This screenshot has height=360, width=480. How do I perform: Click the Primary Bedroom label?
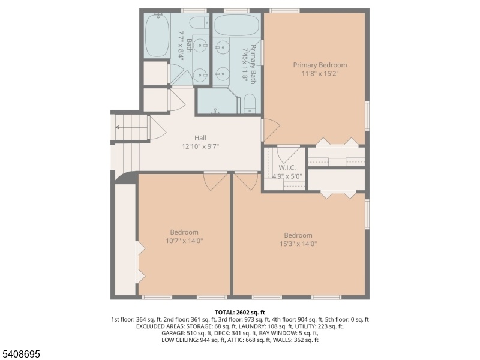(x=320, y=65)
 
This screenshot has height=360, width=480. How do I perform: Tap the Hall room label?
(x=200, y=138)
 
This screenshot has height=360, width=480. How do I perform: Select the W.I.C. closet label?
(x=287, y=168)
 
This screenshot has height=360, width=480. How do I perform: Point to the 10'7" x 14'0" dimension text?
(x=184, y=241)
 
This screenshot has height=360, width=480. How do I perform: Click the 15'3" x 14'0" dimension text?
(x=298, y=244)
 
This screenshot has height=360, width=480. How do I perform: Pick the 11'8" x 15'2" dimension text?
(x=320, y=73)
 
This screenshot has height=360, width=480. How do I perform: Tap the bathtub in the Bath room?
(x=157, y=35)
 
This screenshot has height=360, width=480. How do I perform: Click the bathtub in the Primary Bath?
(x=236, y=25)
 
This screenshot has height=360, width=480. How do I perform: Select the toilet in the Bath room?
(x=199, y=23)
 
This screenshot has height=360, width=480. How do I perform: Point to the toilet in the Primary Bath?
(x=250, y=103)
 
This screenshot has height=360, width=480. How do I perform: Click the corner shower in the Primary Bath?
(x=217, y=101)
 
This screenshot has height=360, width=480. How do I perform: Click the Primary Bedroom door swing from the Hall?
(x=271, y=130)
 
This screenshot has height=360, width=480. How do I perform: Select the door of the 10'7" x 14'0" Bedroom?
(x=215, y=182)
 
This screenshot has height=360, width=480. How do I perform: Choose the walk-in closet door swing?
(x=289, y=155)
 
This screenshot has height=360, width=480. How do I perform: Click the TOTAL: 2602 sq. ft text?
(x=239, y=313)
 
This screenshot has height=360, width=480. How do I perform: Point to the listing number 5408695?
(x=20, y=354)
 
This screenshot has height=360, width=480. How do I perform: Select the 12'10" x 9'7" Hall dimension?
(x=200, y=146)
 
